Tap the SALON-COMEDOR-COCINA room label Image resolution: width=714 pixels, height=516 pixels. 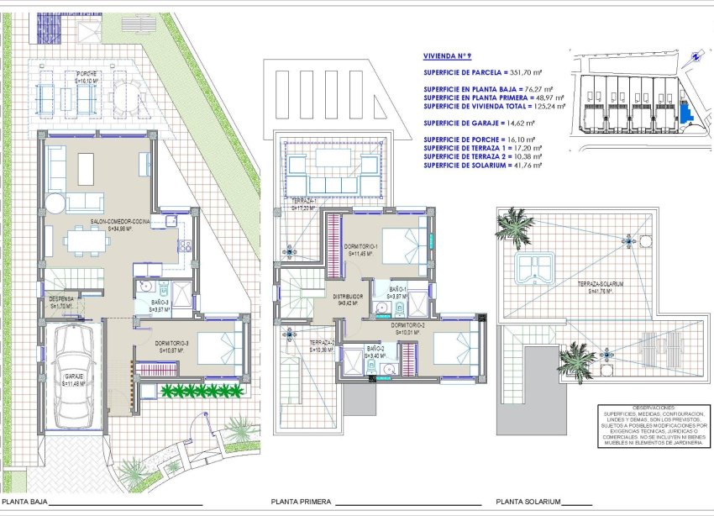[119, 222]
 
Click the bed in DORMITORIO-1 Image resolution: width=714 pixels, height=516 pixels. [404, 241]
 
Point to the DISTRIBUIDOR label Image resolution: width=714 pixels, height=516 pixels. [347, 297]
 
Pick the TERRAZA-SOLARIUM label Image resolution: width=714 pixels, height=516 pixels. [599, 285]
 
